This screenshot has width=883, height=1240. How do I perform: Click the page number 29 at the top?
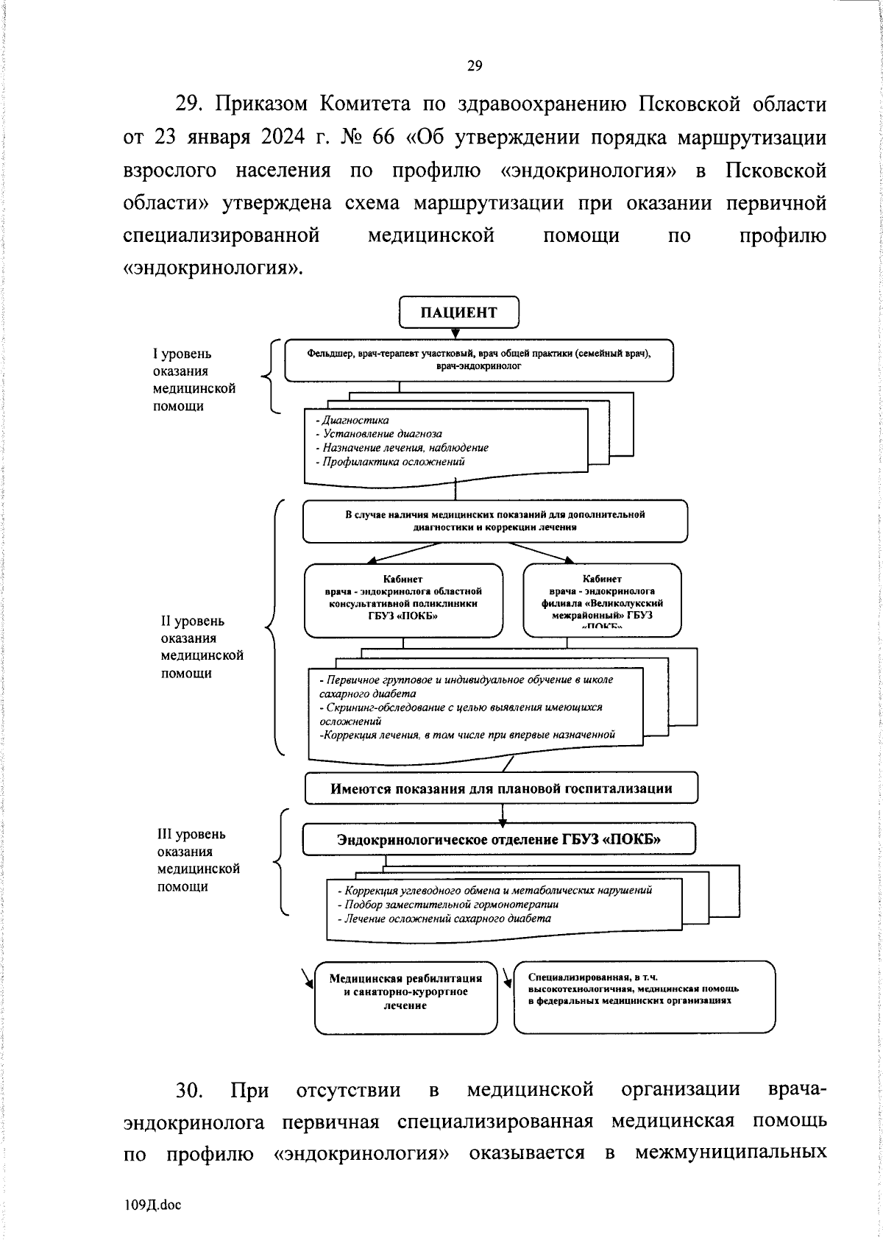point(475,67)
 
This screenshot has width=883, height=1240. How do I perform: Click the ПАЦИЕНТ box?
point(458,312)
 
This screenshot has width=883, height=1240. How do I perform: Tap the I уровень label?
point(182,354)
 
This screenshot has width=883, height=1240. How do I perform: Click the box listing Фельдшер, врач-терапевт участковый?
point(478,360)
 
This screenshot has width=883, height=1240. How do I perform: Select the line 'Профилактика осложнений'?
point(390,462)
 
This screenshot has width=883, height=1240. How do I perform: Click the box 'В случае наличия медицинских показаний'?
point(494,521)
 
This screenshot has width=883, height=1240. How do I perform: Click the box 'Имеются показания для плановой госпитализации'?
point(501,788)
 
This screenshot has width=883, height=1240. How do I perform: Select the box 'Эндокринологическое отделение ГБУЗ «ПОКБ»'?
point(498,839)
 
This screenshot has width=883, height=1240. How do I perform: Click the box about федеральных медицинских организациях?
point(644,995)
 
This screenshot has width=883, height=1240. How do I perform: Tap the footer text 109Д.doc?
point(152,1204)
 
